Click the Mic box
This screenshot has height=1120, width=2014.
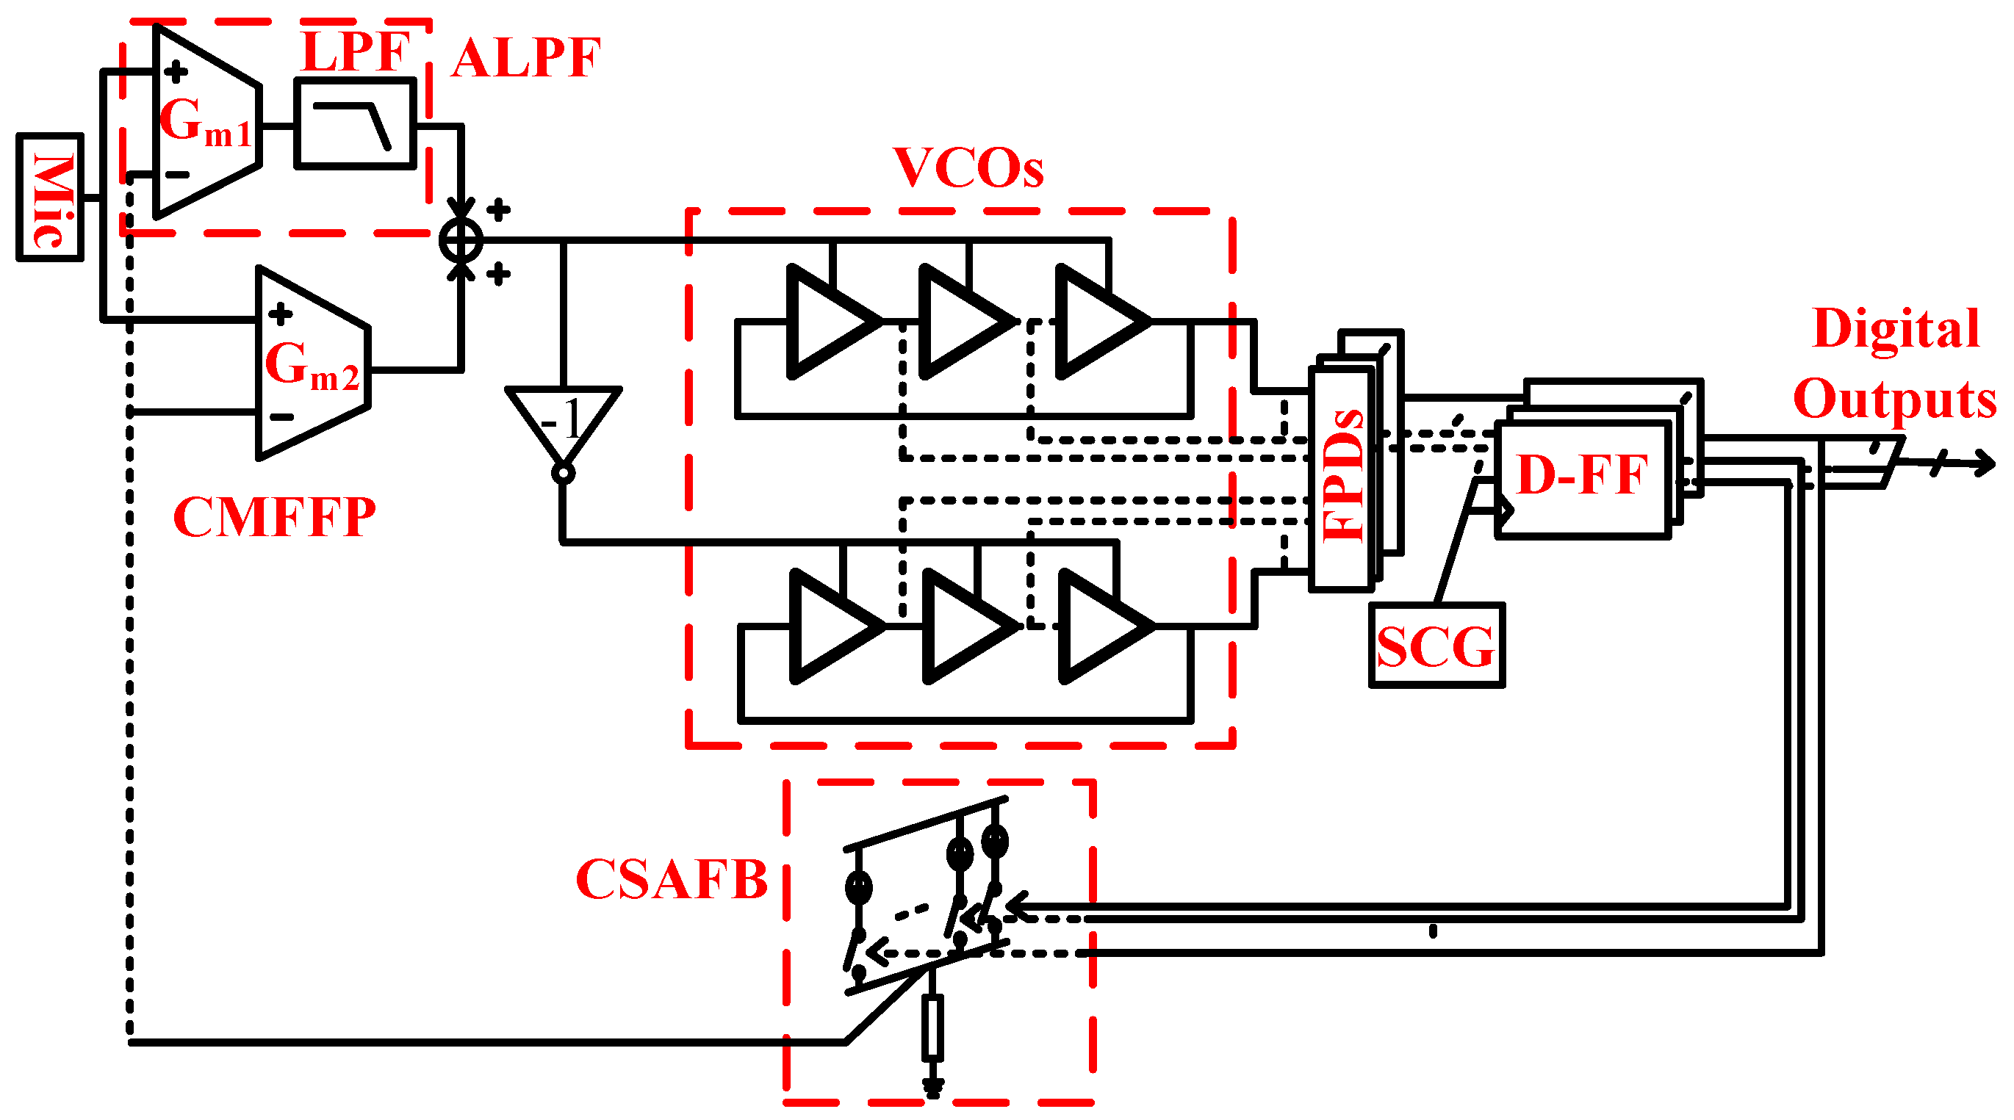tap(49, 197)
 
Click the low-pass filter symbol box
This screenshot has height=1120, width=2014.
tap(354, 123)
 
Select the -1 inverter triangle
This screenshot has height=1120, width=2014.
tap(563, 422)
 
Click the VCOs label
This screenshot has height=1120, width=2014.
tap(967, 168)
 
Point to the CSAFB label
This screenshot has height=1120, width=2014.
tap(671, 879)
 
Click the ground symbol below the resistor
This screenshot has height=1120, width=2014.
tap(932, 1087)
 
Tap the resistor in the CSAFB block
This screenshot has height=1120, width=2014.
tap(932, 1026)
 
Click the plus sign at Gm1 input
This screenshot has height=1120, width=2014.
tap(175, 72)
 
